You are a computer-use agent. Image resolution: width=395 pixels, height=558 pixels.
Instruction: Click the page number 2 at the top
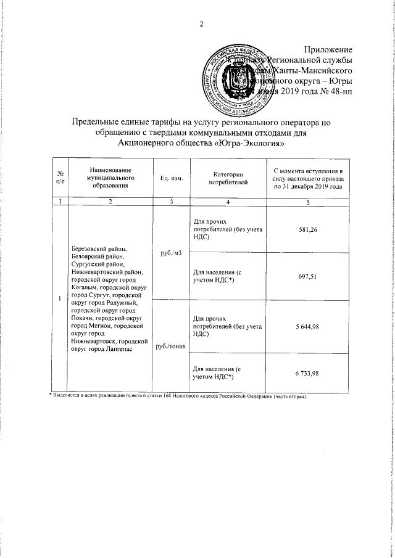(x=201, y=25)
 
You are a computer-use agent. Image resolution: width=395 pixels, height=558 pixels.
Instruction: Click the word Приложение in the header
(x=329, y=49)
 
